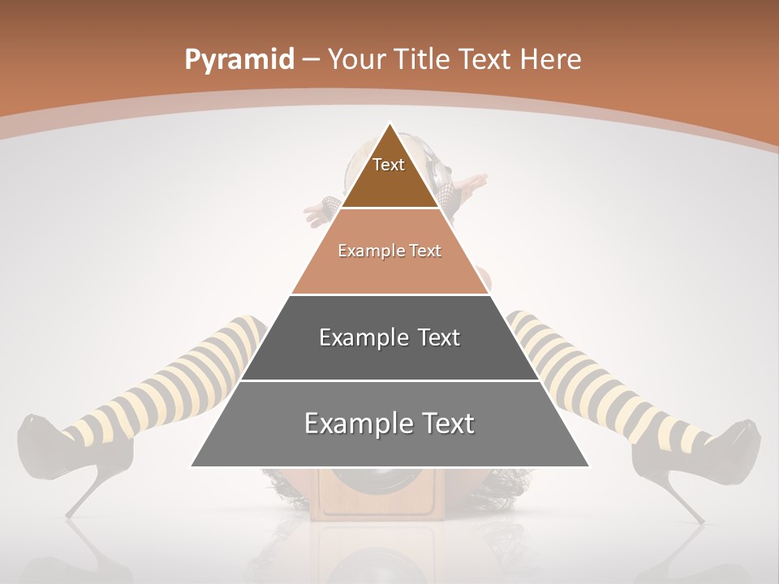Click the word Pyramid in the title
(239, 60)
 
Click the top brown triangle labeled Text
(389, 174)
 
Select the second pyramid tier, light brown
(389, 268)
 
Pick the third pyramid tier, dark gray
(389, 357)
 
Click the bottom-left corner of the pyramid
(192, 466)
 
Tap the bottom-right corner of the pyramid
(588, 466)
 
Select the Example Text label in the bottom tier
(389, 423)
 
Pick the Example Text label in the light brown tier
(389, 251)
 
